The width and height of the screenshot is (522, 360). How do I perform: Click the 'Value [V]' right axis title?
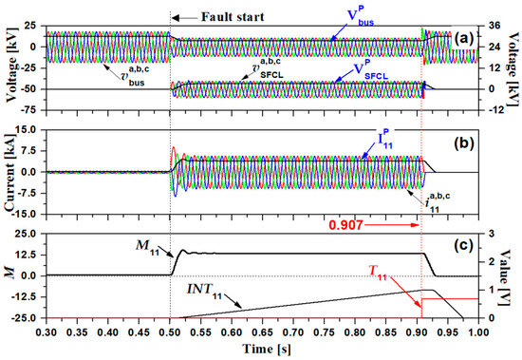tap(513, 275)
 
